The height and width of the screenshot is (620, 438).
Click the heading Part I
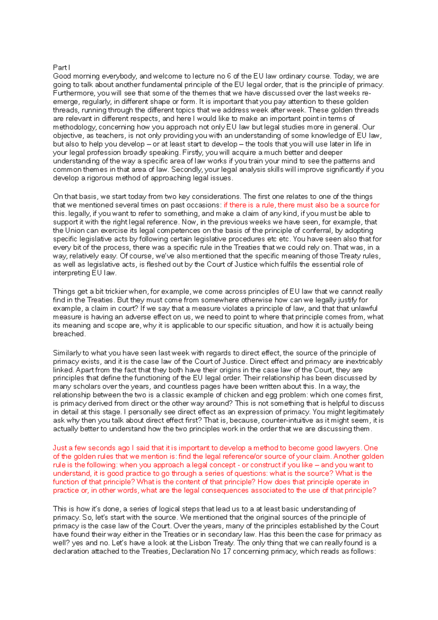tap(61, 68)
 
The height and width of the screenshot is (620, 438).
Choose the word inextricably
tap(362, 361)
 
